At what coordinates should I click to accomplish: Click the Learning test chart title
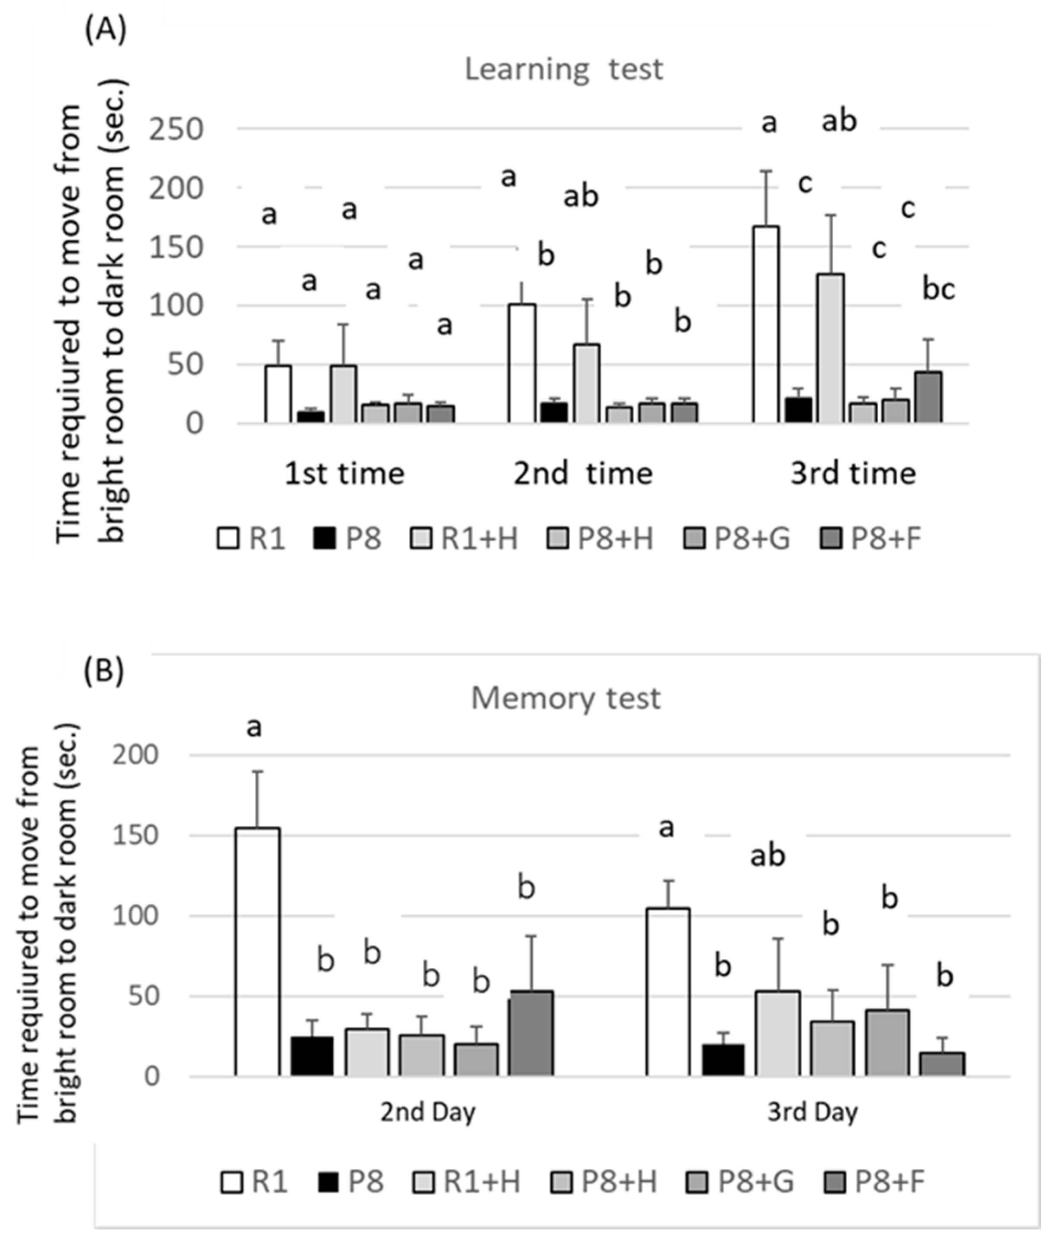coord(564,69)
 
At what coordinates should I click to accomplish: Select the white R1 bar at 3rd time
coord(765,325)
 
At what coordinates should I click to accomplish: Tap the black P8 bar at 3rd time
coord(798,410)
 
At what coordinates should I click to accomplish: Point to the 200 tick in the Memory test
coord(135,755)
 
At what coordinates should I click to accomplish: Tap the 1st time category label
coord(344,474)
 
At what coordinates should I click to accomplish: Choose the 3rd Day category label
coord(812,1112)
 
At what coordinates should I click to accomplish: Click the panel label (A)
coord(105,31)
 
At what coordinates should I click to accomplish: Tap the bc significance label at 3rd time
coord(938,289)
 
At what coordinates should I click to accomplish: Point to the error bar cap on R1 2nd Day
coord(257,772)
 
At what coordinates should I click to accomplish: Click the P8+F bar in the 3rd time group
coord(928,397)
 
